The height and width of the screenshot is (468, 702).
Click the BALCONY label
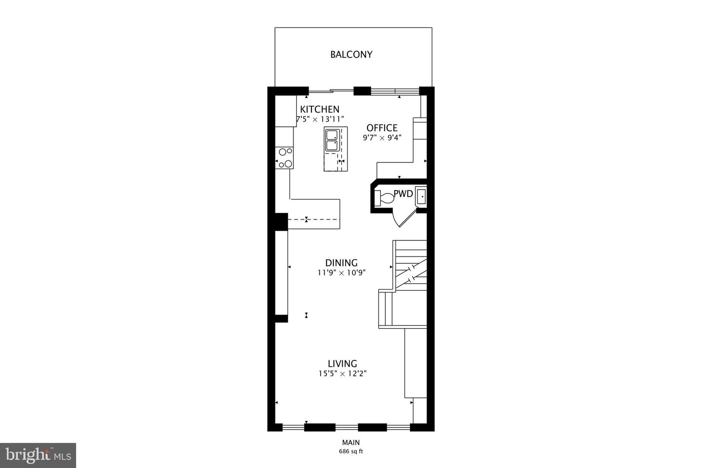351,55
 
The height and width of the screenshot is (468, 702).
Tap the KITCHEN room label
319,109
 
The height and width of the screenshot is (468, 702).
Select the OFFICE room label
382,128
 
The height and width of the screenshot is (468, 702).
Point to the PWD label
403,194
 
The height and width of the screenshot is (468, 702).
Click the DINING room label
341,263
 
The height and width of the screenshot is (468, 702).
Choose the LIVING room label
342,364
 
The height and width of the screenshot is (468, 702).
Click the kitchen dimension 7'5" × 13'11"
320,119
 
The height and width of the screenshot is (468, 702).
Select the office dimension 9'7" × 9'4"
382,138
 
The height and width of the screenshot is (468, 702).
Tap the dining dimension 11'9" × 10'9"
341,273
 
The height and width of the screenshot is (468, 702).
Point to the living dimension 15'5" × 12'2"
342,374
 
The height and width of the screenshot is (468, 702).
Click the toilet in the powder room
384,198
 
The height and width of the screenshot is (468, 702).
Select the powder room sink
421,196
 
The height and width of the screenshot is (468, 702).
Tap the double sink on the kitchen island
332,140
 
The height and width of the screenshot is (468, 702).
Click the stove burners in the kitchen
285,157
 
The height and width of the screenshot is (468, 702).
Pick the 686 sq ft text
351,451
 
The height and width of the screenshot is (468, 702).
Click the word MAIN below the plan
351,443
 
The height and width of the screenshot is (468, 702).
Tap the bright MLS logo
38,455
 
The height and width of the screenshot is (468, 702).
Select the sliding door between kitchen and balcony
331,91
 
